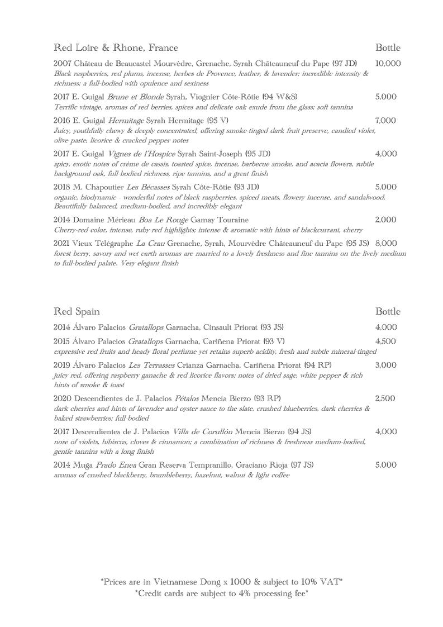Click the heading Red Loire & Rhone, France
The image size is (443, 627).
coord(116,47)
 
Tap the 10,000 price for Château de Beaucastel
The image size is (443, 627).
coord(388,64)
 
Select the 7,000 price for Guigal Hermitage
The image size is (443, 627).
coord(385,120)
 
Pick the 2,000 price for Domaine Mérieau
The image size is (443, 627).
coord(385,220)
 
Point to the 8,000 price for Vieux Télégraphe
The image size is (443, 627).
coord(386,243)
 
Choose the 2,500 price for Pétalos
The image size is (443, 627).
coord(385,398)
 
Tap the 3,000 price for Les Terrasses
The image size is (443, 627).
coord(385,365)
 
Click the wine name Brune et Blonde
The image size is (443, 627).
coord(132,97)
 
